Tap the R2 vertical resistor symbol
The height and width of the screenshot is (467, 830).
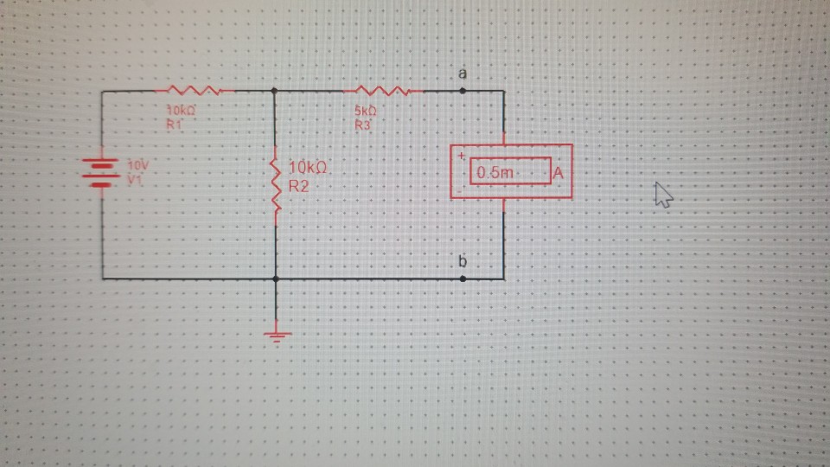(276, 184)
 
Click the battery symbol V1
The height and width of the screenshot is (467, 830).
(101, 171)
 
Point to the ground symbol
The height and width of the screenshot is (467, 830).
(276, 336)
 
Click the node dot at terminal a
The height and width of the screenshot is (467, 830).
(463, 90)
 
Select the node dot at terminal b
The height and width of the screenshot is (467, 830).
(463, 278)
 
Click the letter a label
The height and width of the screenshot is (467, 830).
(463, 74)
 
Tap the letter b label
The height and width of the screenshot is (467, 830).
(463, 261)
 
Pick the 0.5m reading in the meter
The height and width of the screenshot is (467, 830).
(495, 172)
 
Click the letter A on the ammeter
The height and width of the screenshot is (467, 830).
(558, 173)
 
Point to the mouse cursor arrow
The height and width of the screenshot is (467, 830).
(662, 195)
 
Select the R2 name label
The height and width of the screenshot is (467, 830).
(299, 185)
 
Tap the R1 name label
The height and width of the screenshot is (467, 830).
(174, 125)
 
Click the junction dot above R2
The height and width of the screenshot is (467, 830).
(275, 90)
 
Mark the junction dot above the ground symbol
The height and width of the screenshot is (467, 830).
(276, 278)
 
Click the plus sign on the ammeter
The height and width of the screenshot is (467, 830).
(462, 156)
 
